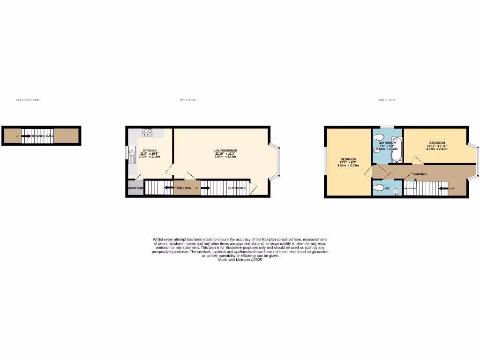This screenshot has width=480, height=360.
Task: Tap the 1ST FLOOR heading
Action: tap(187, 100)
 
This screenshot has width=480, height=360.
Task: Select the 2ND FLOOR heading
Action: tap(386, 100)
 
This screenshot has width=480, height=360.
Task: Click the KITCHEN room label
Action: tap(150, 151)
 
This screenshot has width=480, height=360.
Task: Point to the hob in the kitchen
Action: tap(148, 133)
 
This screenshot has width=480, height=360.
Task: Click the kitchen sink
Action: tap(132, 156)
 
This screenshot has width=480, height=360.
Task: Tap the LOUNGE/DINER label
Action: tap(223, 150)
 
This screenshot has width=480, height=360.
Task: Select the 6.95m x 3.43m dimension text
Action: tap(223, 157)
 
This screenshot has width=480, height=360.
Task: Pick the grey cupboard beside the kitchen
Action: tap(135, 187)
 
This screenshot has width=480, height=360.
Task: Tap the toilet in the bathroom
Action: tap(379, 137)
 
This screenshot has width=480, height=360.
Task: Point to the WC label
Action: tap(387, 188)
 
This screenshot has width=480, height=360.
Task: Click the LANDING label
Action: tap(420, 174)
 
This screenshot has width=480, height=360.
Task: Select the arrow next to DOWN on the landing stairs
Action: tap(442, 189)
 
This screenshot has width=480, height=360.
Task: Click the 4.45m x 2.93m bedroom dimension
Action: tap(348, 165)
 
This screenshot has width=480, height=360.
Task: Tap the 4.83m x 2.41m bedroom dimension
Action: tap(436, 149)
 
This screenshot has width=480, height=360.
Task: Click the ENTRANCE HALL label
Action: tap(45, 136)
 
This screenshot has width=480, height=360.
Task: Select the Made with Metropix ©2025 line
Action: tap(240, 260)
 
